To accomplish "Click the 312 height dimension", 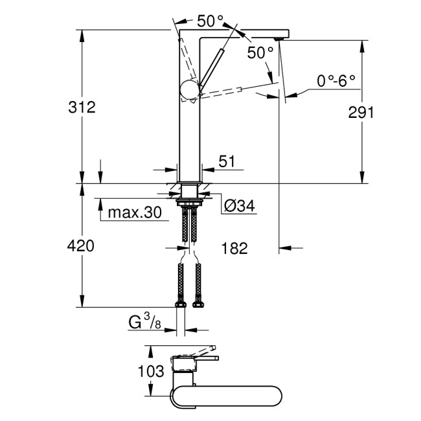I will [82, 108].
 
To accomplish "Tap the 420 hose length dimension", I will [82, 246].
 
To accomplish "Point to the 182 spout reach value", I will [234, 248].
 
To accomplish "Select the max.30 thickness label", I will [134, 212].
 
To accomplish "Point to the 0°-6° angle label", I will [336, 81].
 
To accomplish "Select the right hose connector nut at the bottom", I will [197, 303].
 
